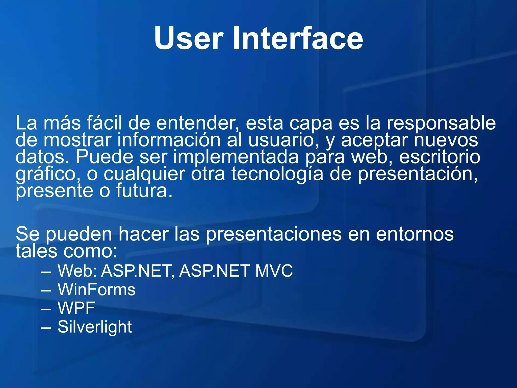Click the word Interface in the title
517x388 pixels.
(298, 39)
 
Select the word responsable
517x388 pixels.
(441, 123)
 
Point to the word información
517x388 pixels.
(169, 140)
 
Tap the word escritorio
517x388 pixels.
(440, 157)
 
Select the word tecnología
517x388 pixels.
(277, 174)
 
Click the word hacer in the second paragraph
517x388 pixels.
(144, 234)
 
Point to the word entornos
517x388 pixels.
(415, 234)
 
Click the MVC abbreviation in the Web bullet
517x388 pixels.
(274, 271)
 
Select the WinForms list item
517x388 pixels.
(96, 289)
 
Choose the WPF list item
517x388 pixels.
(76, 308)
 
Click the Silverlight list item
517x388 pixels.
(95, 327)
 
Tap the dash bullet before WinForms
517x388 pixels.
(46, 290)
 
